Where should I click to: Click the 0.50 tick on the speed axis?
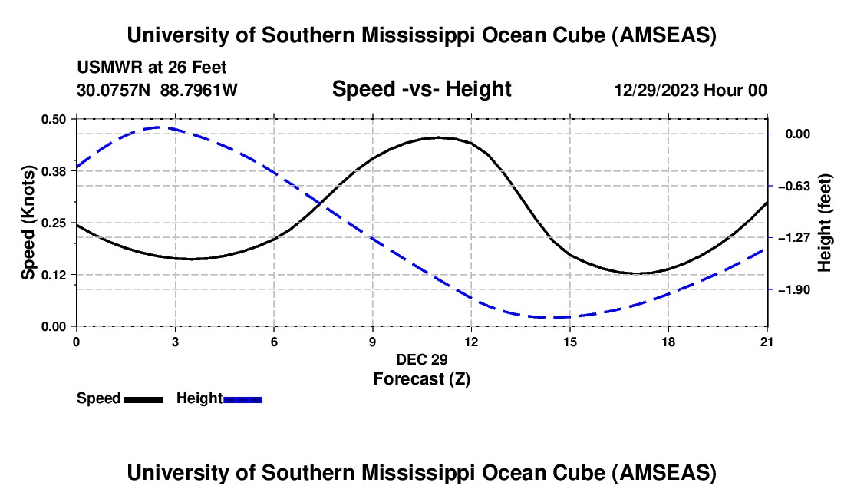click(x=54, y=119)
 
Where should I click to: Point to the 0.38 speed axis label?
click(x=54, y=171)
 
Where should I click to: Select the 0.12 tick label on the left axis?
click(x=54, y=275)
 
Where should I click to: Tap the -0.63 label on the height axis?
click(x=793, y=186)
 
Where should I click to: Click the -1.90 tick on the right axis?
click(x=793, y=289)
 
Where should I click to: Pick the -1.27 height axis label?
click(x=793, y=238)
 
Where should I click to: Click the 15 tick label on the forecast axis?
click(x=570, y=342)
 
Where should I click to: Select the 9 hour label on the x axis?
click(x=373, y=342)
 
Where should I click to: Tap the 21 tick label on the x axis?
click(x=767, y=342)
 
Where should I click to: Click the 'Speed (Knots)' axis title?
click(x=28, y=223)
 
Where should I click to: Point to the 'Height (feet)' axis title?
click(x=825, y=223)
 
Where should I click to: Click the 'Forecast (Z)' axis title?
click(x=421, y=378)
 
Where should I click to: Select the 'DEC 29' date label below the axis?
click(x=421, y=359)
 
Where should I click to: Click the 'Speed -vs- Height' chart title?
click(x=421, y=89)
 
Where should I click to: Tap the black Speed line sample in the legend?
click(x=143, y=398)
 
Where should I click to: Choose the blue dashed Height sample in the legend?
click(x=243, y=398)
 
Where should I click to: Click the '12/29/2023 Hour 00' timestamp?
click(x=691, y=90)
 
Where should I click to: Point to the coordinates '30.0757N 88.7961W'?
click(x=157, y=90)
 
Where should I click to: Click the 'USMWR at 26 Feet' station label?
click(x=152, y=68)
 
